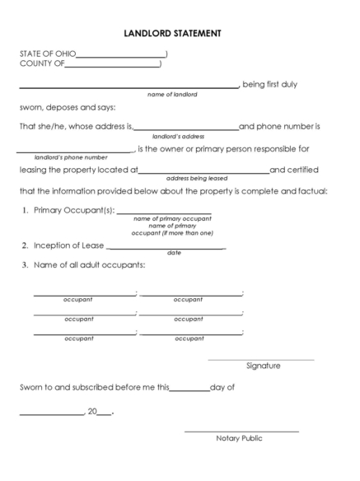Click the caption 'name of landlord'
point(172,94)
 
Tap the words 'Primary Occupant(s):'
point(74,212)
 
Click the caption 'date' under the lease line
point(174,253)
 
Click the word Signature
point(264,366)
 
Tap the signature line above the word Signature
point(260,359)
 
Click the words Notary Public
point(240,438)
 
